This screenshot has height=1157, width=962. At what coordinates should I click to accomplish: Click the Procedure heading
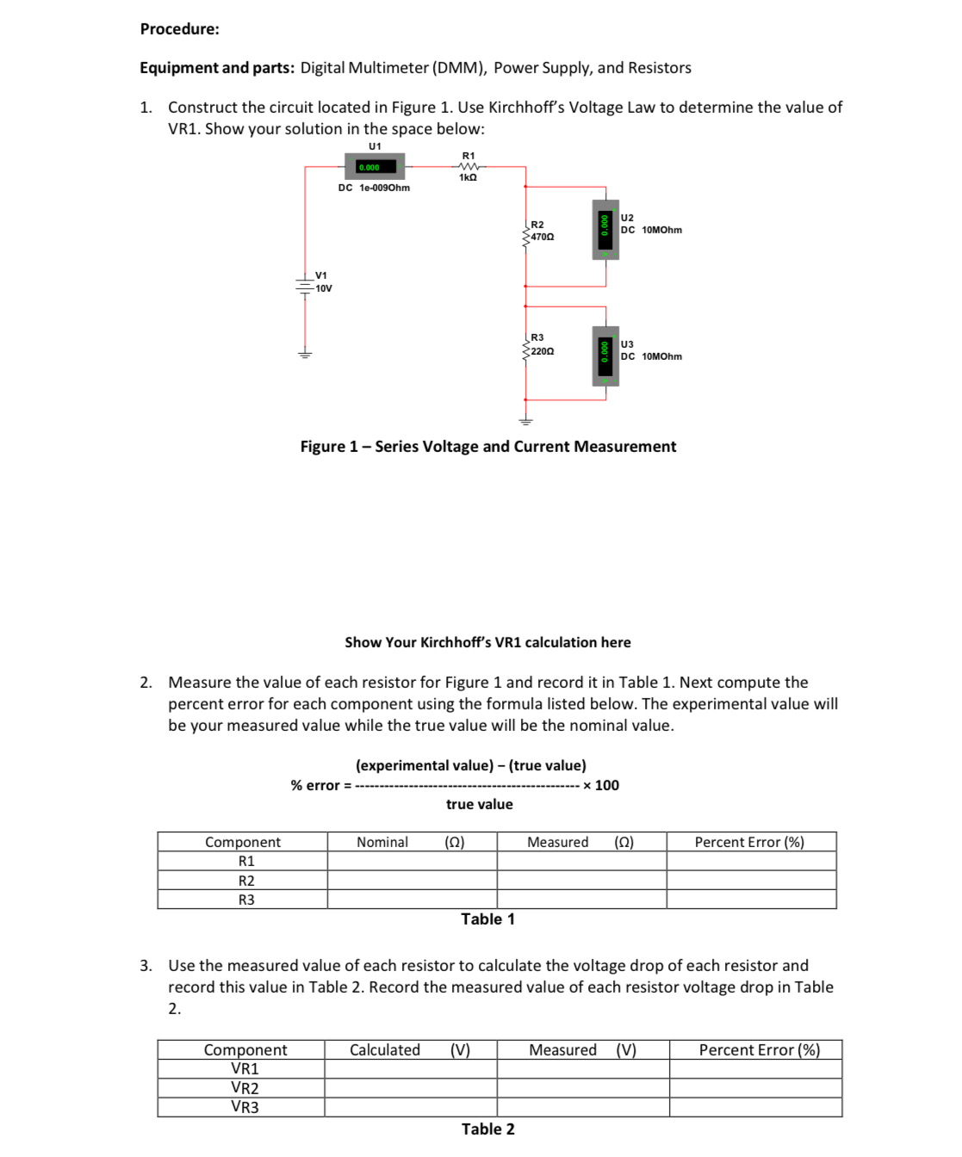coord(179,29)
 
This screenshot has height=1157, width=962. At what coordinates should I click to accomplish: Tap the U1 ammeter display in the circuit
coord(375,167)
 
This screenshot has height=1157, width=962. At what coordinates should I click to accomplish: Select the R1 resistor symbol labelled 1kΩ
coord(469,166)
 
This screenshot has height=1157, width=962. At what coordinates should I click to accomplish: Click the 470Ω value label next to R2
coord(543,237)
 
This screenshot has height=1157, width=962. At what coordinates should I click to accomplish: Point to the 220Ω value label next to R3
coord(543,351)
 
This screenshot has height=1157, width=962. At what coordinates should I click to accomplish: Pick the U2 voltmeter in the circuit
coord(605,229)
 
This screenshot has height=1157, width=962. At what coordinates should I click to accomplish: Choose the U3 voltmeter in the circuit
coord(605,356)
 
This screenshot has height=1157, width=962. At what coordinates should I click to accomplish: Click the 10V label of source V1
coord(323,288)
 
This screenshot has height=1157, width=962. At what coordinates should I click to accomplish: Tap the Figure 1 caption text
coord(487,447)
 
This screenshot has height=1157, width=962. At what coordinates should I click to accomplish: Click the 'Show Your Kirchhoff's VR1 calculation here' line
coord(487,642)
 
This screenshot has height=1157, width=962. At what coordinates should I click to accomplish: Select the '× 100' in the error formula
coord(601,785)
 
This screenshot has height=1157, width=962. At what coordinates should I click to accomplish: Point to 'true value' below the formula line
coord(479,804)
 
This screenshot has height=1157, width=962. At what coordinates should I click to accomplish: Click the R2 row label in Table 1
coord(246,881)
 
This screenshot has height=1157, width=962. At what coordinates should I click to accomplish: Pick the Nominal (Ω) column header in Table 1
coord(411,842)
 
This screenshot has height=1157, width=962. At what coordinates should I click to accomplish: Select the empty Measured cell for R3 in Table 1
coord(581,900)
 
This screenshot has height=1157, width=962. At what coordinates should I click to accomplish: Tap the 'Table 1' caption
coord(487,919)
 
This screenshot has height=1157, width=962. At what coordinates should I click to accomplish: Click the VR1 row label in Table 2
coord(245,1068)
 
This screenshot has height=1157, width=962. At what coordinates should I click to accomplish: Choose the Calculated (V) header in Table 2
coord(410,1049)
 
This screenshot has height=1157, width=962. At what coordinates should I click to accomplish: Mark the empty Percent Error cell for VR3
coord(755,1107)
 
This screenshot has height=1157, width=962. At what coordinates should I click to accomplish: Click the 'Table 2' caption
coord(487,1129)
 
